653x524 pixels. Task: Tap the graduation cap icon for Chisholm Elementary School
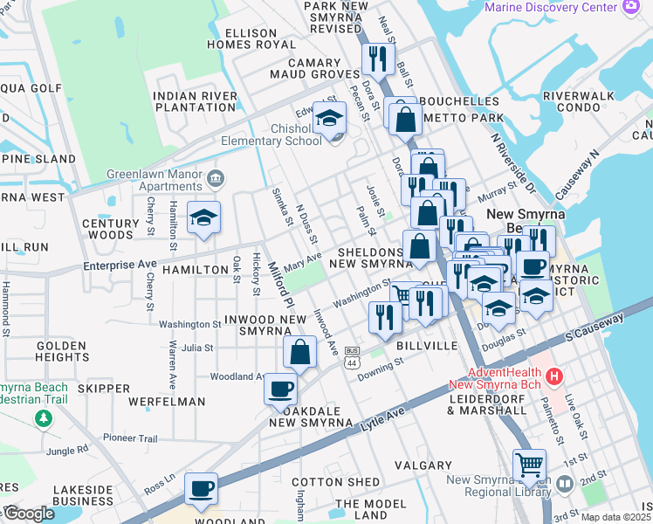[330, 118]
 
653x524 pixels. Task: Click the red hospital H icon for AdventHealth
[553, 376]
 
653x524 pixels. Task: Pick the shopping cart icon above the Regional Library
[529, 464]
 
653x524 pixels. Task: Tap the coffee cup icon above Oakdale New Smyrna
[280, 389]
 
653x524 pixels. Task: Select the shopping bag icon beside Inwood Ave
[299, 353]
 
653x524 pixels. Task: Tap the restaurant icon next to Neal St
[375, 59]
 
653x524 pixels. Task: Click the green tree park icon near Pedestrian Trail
[44, 419]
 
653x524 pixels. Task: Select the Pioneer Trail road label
[131, 438]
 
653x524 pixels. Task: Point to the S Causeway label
[594, 327]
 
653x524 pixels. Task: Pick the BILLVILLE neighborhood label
[427, 347]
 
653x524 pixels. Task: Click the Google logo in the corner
[29, 514]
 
